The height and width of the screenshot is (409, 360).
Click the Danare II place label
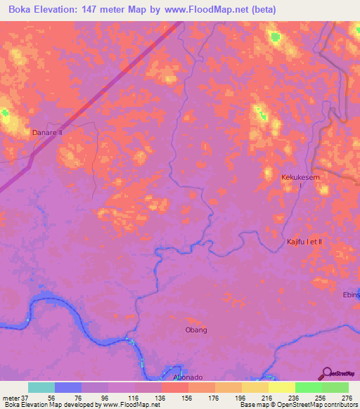coord(47,132)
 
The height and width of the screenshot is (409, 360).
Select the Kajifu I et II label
coord(304,242)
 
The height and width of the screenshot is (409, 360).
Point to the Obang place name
coord(196,330)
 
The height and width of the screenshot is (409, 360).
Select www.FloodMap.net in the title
coord(214,10)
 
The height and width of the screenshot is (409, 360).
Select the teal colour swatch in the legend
coord(41,387)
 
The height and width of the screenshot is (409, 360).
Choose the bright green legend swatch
coord(308,387)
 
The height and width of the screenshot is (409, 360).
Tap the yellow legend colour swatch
coord(281,387)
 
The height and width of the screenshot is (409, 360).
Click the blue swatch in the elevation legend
coord(67,387)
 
